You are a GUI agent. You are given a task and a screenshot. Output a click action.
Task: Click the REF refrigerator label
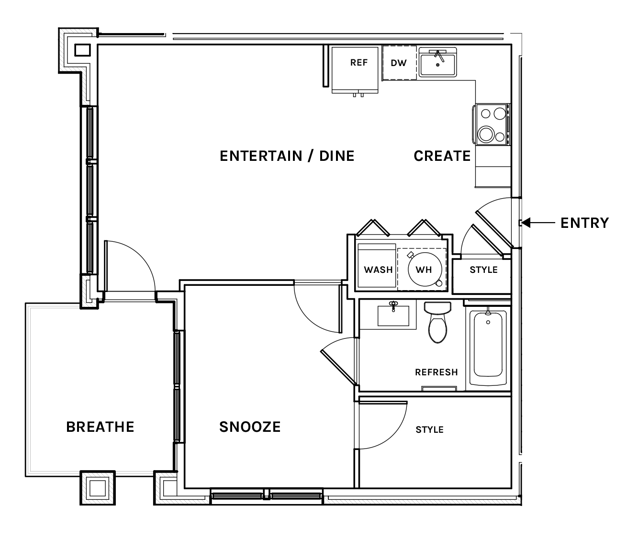(359, 63)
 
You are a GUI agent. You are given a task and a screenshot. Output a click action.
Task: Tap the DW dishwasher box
(399, 63)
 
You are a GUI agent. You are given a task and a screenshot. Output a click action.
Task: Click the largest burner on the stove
(486, 134)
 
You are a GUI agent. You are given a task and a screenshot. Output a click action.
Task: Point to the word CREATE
(442, 156)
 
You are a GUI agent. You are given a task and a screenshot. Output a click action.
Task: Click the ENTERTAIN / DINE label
(287, 156)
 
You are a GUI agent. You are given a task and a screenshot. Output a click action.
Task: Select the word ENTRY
(584, 223)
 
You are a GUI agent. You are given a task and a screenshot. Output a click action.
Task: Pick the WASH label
(378, 270)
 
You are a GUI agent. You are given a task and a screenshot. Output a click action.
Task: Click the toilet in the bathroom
(437, 323)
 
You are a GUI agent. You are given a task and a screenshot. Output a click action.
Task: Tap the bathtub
(488, 348)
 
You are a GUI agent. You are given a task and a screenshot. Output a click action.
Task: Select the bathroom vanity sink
(393, 315)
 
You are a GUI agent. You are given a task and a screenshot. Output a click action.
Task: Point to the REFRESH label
(436, 372)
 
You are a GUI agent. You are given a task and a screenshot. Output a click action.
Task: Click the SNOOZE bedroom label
(250, 427)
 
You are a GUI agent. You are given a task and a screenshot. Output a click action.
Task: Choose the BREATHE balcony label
(100, 427)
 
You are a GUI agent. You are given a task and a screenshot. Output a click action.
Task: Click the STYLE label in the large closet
(429, 429)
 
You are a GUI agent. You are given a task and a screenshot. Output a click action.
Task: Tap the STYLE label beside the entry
(483, 270)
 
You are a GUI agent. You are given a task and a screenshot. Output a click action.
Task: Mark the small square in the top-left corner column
(82, 50)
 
